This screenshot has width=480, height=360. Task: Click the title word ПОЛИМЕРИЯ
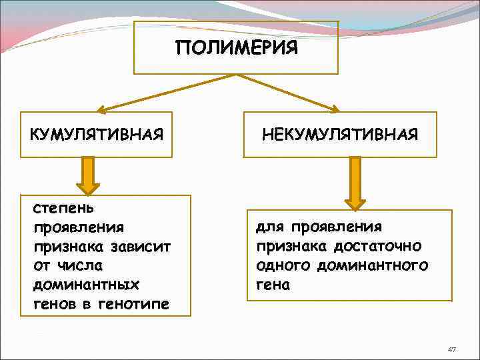(x=236, y=49)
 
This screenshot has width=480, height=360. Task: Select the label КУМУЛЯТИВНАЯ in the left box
(x=96, y=135)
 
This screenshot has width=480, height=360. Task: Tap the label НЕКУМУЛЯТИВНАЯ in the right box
(x=340, y=135)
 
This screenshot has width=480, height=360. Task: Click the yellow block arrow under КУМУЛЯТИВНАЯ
(x=87, y=175)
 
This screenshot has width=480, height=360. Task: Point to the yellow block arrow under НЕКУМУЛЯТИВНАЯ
(x=355, y=181)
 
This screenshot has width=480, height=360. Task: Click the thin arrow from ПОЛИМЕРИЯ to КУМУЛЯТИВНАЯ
(x=167, y=91)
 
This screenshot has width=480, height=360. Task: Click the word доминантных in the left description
(x=85, y=285)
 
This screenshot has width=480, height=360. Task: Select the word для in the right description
(x=269, y=227)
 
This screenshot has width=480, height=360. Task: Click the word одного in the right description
(x=281, y=266)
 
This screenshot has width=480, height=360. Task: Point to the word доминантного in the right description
(x=383, y=266)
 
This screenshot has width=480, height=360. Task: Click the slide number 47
(x=452, y=349)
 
